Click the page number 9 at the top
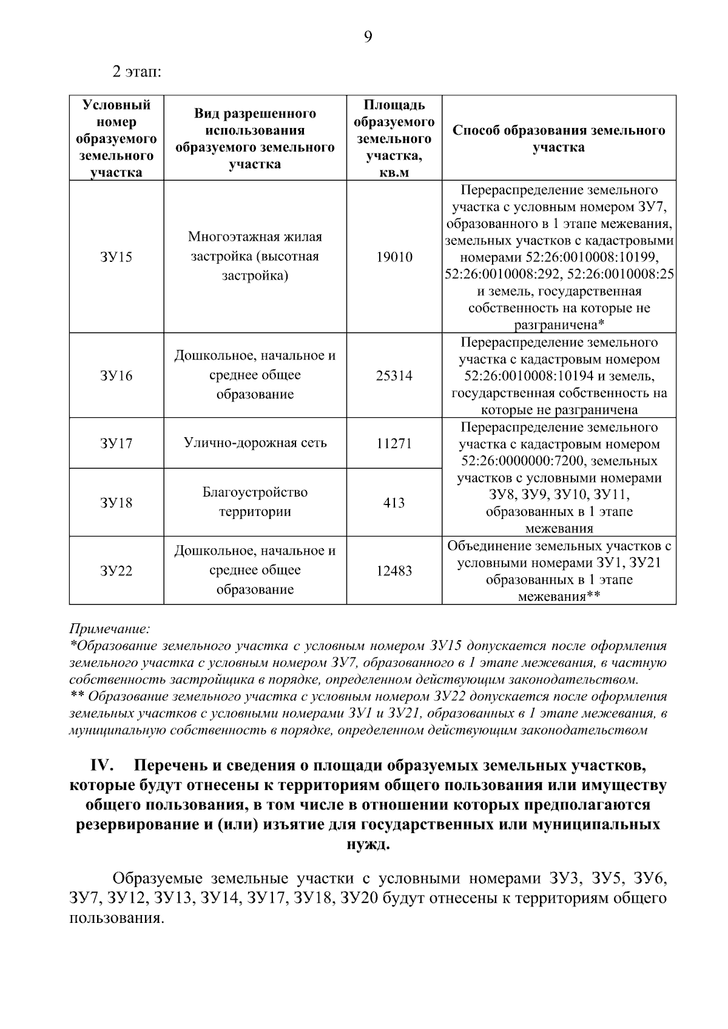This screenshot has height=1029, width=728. (x=368, y=38)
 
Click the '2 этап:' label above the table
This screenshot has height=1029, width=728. (x=136, y=72)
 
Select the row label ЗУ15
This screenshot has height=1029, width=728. (x=116, y=257)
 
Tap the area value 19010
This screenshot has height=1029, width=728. (x=394, y=257)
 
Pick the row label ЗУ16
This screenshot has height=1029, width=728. (x=116, y=376)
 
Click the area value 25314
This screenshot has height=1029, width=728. (x=394, y=376)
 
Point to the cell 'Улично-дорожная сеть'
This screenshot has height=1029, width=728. (x=255, y=443)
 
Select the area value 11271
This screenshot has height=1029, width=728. (x=394, y=443)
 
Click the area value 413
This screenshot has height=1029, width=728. (x=394, y=503)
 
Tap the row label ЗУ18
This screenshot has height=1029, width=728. (x=116, y=503)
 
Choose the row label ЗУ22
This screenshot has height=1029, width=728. (x=116, y=571)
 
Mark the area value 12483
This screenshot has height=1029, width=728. (x=394, y=571)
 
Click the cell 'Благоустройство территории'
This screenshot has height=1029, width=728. (x=255, y=501)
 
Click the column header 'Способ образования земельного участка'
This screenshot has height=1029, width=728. (x=559, y=139)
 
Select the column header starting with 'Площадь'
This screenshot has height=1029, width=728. (x=394, y=139)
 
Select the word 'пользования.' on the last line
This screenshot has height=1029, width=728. (x=116, y=918)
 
